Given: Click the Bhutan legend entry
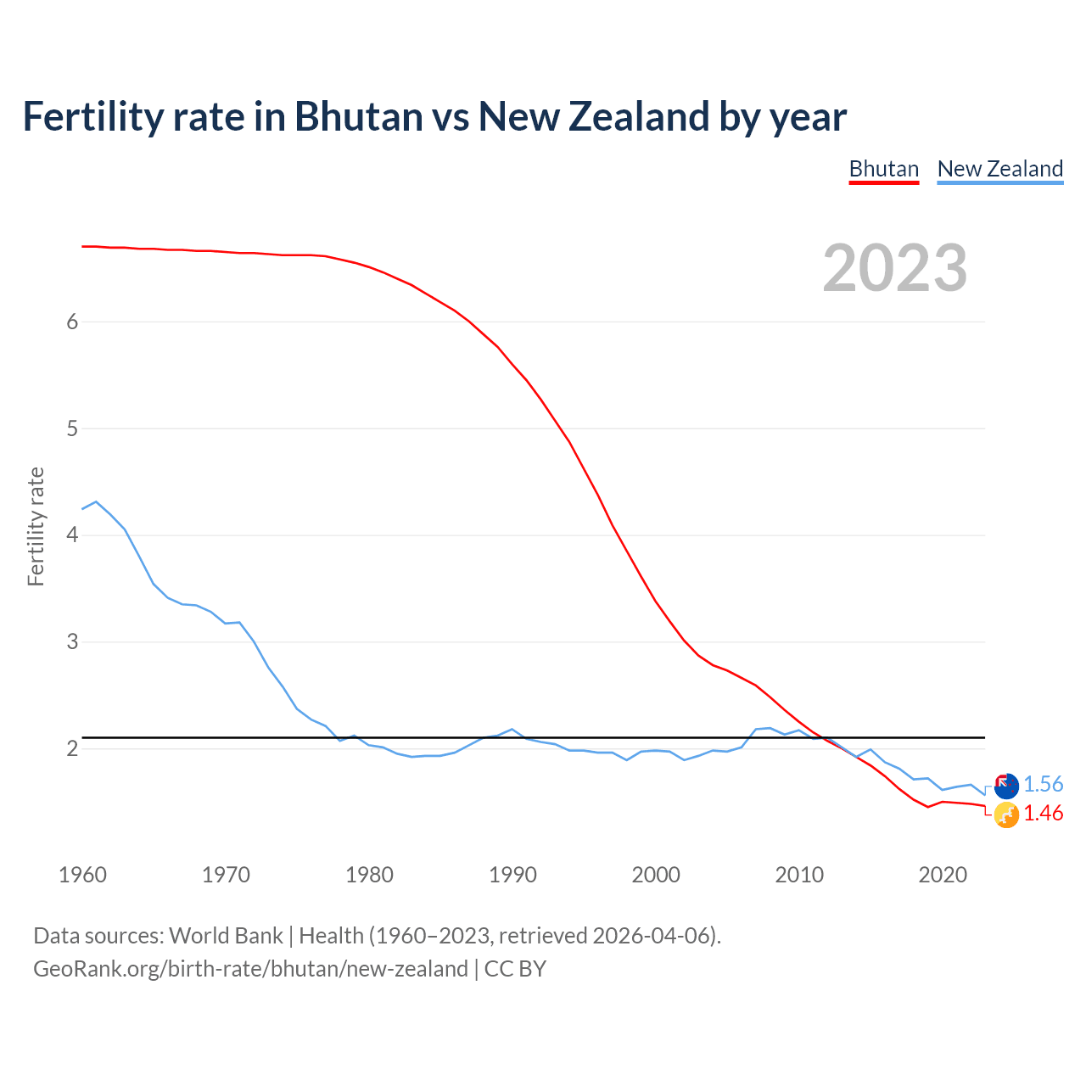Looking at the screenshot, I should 883,169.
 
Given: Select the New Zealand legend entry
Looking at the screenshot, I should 999,169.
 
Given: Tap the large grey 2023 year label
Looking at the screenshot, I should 894,268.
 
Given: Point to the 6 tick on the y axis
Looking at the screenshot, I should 72,322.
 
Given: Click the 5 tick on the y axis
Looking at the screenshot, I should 72,428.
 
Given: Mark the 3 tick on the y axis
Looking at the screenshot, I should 72,642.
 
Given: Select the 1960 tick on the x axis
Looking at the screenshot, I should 82,875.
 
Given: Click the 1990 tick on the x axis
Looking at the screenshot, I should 512,875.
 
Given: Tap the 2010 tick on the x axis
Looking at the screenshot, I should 799,875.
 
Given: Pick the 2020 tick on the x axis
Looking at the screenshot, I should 943,875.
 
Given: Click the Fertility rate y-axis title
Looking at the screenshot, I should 36,526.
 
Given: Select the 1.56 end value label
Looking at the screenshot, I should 1043,785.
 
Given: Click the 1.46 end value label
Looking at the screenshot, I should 1043,814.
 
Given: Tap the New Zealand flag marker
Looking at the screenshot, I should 1005,786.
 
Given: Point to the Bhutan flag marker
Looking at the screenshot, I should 1005,814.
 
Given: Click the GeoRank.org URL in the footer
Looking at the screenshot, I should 250,969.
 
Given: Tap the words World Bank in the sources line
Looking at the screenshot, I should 226,936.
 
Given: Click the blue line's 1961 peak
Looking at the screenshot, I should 96,501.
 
